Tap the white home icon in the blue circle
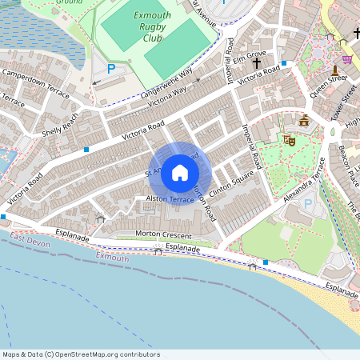point(180,172)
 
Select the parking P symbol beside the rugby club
point(111,69)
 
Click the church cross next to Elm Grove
point(257,62)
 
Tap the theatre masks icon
point(289,140)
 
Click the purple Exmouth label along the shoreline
point(112,258)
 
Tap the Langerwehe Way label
point(167,82)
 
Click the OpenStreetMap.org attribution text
point(105,354)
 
